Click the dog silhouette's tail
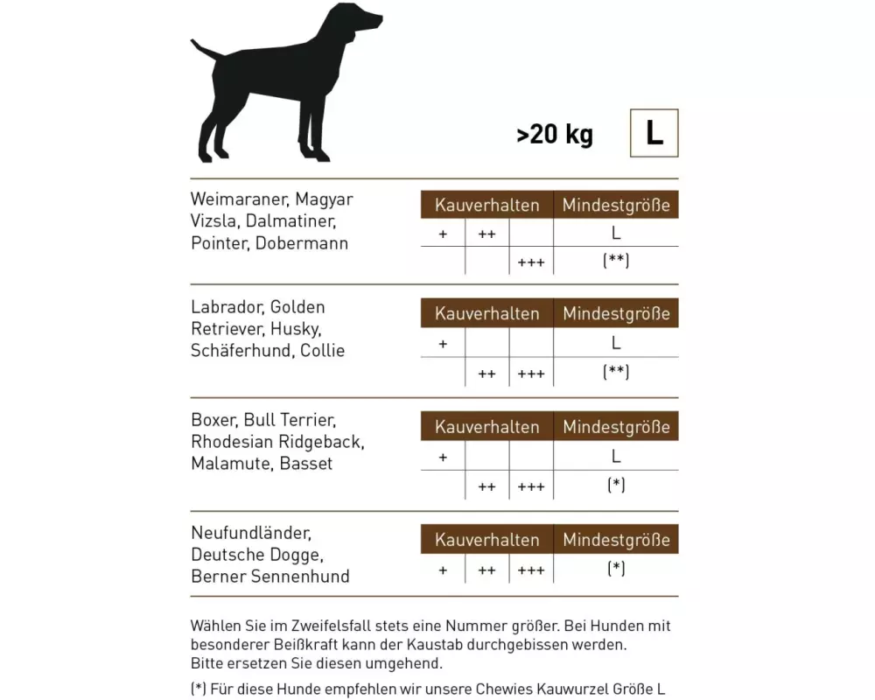click(x=204, y=47)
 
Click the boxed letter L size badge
click(x=654, y=133)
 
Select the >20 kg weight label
click(x=555, y=135)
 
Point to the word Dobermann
click(x=302, y=243)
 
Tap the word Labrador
click(x=227, y=307)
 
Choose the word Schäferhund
click(x=241, y=351)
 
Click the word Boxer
click(x=213, y=420)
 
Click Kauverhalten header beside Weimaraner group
click(x=486, y=206)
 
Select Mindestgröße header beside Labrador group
click(x=616, y=313)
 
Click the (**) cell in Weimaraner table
click(x=616, y=261)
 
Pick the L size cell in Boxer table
click(x=616, y=456)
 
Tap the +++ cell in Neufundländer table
click(x=531, y=570)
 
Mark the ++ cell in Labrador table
click(x=487, y=374)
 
